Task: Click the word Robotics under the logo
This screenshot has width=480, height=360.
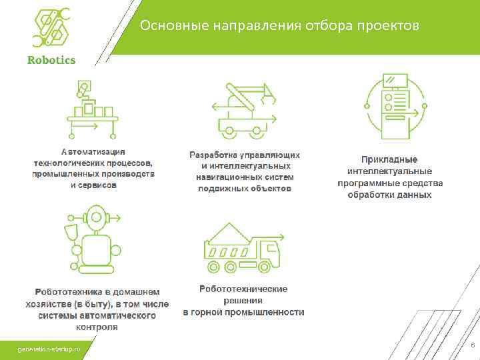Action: [51, 60]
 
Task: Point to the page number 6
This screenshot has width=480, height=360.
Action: [472, 345]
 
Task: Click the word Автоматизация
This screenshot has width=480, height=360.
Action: [93, 152]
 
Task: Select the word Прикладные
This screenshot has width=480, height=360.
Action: [389, 159]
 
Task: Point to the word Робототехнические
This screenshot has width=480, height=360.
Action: [243, 289]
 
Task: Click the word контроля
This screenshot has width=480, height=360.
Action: [97, 327]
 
